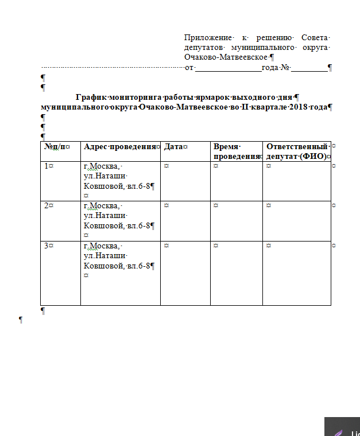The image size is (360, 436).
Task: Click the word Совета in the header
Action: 316,37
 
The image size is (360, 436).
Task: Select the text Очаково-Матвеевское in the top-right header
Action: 226,57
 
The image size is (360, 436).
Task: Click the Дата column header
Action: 174,147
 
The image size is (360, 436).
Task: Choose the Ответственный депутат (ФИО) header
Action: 297,151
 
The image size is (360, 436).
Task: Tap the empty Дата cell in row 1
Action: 185,180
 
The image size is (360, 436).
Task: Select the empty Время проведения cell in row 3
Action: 237,272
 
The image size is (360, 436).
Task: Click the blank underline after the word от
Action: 228,68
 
